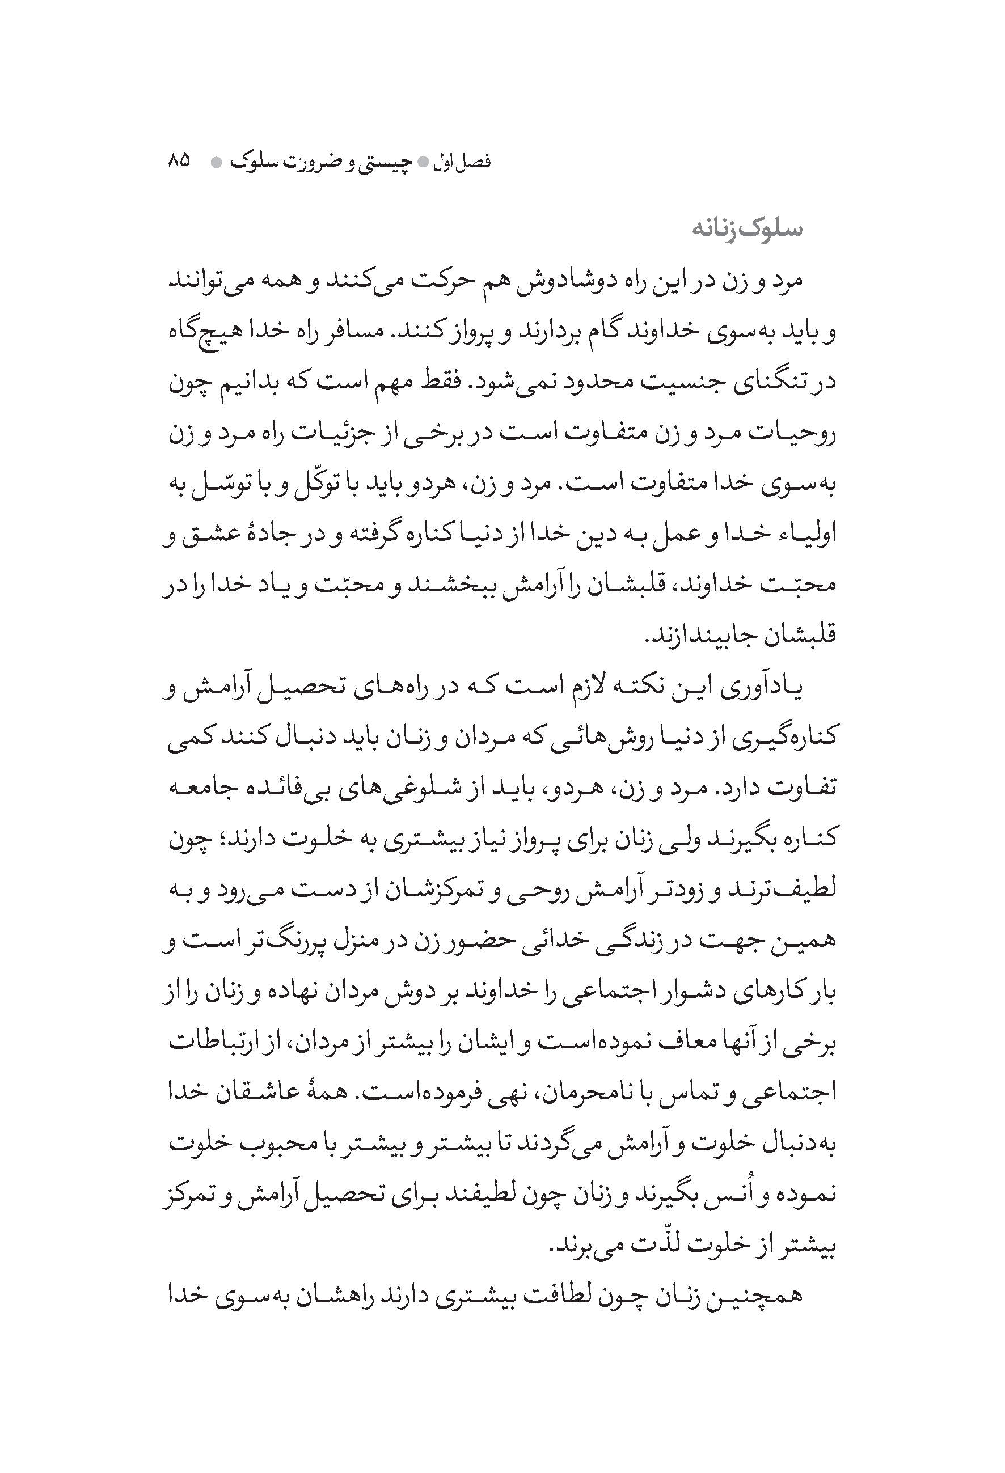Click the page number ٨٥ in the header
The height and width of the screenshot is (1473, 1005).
[x=179, y=161]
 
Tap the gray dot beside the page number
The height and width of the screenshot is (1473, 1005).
[x=216, y=162]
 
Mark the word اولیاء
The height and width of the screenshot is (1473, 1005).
[x=802, y=536]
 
